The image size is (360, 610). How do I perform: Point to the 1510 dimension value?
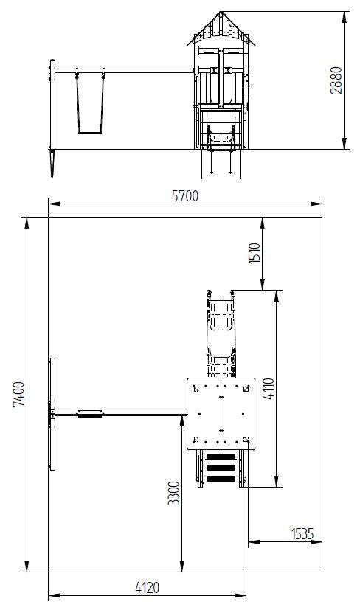[x=255, y=254]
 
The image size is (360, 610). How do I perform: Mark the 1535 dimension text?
[x=302, y=533]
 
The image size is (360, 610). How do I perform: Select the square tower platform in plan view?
[x=221, y=413]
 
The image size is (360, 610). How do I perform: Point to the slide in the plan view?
[x=222, y=325]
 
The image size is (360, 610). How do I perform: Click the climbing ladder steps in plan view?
[x=222, y=468]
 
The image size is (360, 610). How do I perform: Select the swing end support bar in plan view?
[x=52, y=414]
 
